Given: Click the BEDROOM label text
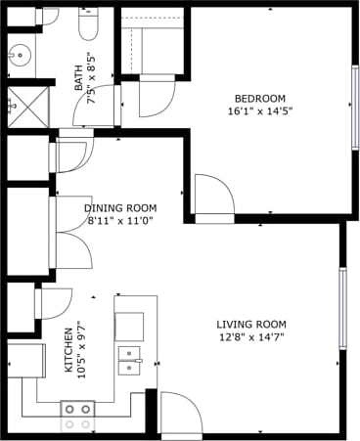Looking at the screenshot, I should [x=259, y=98].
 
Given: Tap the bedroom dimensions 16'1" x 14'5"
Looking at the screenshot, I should [x=259, y=111].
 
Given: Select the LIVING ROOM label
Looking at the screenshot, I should [x=250, y=325].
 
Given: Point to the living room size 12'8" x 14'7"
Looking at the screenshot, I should [x=250, y=338].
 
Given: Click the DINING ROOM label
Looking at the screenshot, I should [x=120, y=208].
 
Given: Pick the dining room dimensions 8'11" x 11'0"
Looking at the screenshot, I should [x=121, y=221].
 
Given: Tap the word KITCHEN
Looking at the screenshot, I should [x=68, y=349].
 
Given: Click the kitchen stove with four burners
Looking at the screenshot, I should [x=77, y=416].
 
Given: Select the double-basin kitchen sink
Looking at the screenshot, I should [x=128, y=360].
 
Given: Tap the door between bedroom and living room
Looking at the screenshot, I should [x=212, y=196].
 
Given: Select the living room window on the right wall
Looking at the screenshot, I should [x=342, y=307].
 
